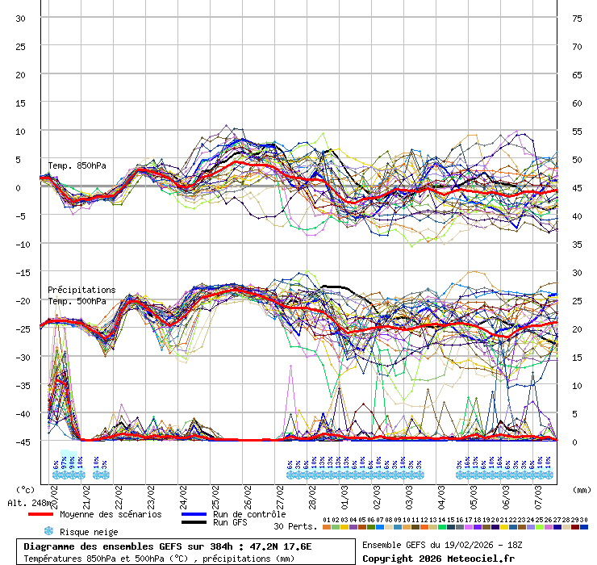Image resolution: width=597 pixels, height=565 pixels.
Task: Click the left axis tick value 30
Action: [x=21, y=19]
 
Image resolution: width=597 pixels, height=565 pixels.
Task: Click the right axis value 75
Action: [x=577, y=19]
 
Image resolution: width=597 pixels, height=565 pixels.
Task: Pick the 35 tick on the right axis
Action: [x=577, y=244]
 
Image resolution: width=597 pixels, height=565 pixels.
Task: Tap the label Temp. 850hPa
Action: [x=77, y=166]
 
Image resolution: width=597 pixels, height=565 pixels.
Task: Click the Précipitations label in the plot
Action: [x=81, y=290]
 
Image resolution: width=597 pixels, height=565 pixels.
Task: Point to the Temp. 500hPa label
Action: [x=77, y=301]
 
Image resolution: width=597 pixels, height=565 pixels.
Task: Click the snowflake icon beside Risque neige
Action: [x=48, y=532]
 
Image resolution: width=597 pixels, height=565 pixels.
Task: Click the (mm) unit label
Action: [x=580, y=489]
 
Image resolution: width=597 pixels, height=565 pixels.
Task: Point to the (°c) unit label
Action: [x=26, y=489]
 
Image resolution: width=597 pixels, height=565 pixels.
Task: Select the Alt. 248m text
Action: [x=30, y=503]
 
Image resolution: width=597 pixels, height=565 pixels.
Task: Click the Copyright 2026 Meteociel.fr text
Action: [x=438, y=558]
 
